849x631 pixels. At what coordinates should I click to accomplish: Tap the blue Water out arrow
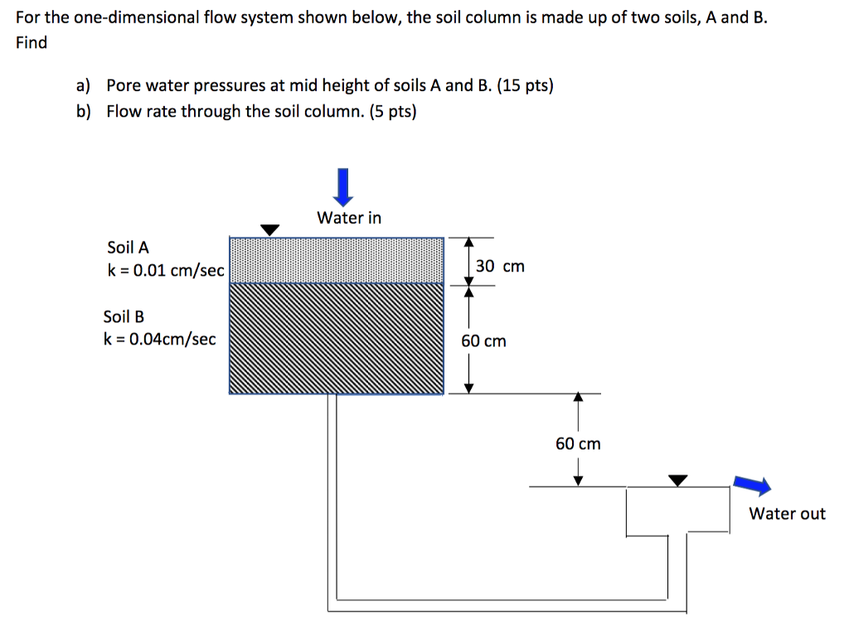[x=751, y=486]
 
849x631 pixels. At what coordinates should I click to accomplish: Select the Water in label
[x=349, y=218]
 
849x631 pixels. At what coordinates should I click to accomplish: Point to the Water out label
[x=787, y=513]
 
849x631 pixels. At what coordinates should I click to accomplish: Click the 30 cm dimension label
[x=500, y=266]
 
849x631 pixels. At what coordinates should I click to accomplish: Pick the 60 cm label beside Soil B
[x=483, y=341]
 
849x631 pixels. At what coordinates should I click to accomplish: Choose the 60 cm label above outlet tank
[x=578, y=444]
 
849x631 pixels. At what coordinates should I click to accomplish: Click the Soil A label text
[x=129, y=247]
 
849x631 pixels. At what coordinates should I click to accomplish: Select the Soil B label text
[x=124, y=316]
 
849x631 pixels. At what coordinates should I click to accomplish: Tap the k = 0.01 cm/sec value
[x=166, y=270]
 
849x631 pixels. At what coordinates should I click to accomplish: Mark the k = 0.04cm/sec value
[x=159, y=339]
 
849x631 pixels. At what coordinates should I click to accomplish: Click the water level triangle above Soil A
[x=270, y=229]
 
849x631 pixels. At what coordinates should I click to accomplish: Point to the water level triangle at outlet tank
[x=678, y=479]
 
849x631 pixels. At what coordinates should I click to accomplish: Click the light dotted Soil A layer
[x=336, y=259]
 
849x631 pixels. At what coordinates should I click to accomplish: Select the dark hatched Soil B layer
[x=336, y=338]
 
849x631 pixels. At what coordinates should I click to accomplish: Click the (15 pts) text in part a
[x=525, y=85]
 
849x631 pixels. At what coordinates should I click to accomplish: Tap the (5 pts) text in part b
[x=391, y=111]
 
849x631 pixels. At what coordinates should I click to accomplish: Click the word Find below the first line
[x=32, y=42]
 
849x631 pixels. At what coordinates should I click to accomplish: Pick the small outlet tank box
[x=677, y=509]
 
